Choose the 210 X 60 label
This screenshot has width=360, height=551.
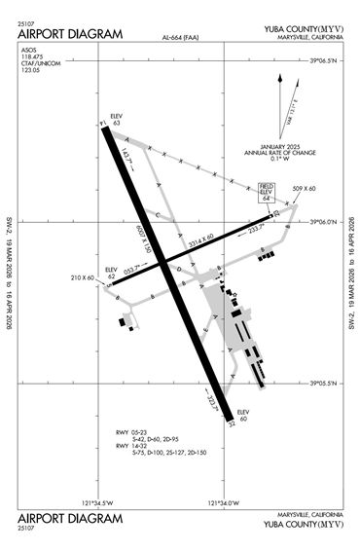(x=82, y=278)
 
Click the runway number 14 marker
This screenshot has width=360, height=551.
(x=103, y=124)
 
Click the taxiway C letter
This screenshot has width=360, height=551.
(x=154, y=213)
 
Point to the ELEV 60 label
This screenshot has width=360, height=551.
(x=244, y=414)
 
